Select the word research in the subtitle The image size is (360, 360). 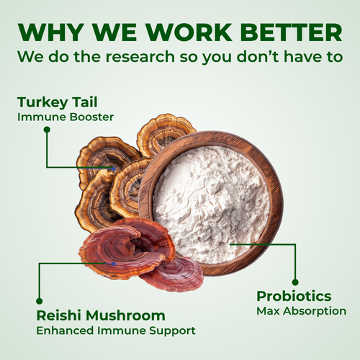pyautogui.click(x=140, y=57)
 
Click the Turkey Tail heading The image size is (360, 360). pyautogui.click(x=58, y=102)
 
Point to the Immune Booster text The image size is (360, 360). pyautogui.click(x=66, y=117)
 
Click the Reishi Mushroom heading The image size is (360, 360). pyautogui.click(x=101, y=315)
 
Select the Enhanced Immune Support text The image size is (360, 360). pyautogui.click(x=116, y=330)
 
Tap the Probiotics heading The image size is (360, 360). pyautogui.click(x=294, y=296)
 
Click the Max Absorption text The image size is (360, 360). pyautogui.click(x=302, y=311)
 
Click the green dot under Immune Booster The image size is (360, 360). pyautogui.click(x=47, y=130)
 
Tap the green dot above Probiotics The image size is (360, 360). pyautogui.click(x=295, y=282)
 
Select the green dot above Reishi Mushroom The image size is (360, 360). pyautogui.click(x=40, y=301)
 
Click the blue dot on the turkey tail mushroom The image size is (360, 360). pyautogui.click(x=114, y=168)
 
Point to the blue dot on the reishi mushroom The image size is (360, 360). pyautogui.click(x=114, y=264)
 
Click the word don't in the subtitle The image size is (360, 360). pyautogui.click(x=258, y=56)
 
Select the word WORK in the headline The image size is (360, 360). pyautogui.click(x=189, y=32)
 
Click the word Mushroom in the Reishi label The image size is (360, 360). pyautogui.click(x=126, y=315)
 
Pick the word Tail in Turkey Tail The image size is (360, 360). pyautogui.click(x=85, y=102)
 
